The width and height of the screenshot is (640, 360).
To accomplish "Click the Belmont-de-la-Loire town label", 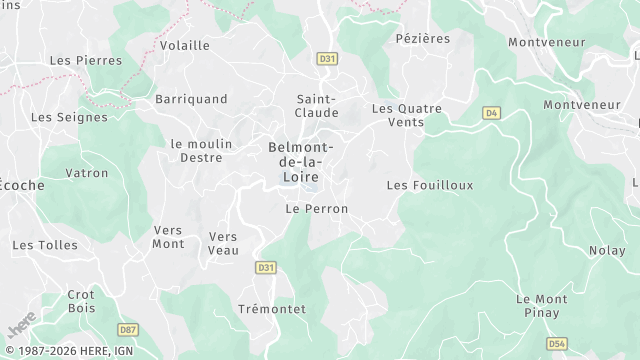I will coord(301,161).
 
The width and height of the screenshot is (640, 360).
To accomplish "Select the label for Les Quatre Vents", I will coord(411,115).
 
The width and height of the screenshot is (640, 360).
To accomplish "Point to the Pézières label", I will coord(423,38).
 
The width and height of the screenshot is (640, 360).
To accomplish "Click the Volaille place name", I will coord(185,45).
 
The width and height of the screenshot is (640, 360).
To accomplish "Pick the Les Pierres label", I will coord(86,60).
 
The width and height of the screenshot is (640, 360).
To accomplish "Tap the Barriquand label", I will coord(191,99).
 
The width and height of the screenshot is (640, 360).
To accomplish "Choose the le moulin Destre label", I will coord(201,150).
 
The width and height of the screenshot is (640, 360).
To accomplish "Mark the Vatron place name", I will coord(87,173).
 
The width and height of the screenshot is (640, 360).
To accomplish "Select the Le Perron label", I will coord(316,209).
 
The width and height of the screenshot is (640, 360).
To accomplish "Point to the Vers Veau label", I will coord(223,243).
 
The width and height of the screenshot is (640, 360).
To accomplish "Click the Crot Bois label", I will coord(80,301).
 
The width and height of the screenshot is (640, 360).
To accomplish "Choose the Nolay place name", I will coord(606,251).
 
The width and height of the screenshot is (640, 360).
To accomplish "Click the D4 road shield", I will coord(490,113).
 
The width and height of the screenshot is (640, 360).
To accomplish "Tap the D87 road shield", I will coord(128,329).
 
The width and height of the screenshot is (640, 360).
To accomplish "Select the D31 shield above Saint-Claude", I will coord(326,59).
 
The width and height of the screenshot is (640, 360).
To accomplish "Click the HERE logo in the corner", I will coord(21,326).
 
